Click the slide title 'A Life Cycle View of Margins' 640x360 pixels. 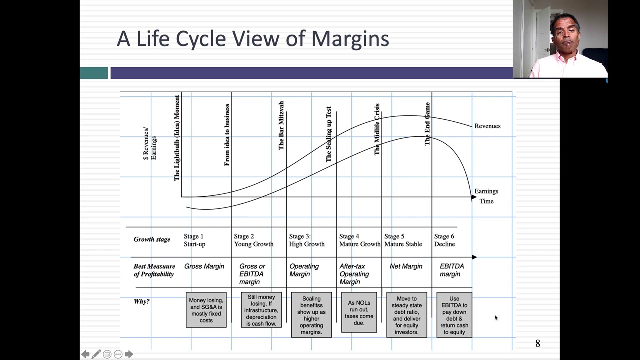pyautogui.click(x=253, y=39)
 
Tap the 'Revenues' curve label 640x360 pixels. pyautogui.click(x=487, y=126)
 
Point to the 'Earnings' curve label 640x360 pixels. pyautogui.click(x=486, y=191)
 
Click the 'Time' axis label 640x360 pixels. pyautogui.click(x=486, y=201)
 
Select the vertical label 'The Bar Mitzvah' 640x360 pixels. pyautogui.click(x=281, y=125)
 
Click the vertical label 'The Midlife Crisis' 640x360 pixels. pyautogui.click(x=377, y=129)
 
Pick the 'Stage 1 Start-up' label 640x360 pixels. pyautogui.click(x=194, y=240)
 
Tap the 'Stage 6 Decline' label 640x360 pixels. pyautogui.click(x=444, y=240)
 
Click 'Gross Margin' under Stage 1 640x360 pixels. pyautogui.click(x=204, y=266)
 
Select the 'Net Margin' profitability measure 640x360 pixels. pyautogui.click(x=406, y=266)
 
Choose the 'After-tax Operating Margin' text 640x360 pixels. pyautogui.click(x=354, y=274)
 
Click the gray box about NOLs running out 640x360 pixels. pyautogui.click(x=359, y=313)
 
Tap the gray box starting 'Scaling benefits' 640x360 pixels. pyautogui.click(x=311, y=315)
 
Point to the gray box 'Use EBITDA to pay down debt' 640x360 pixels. pyautogui.click(x=454, y=315)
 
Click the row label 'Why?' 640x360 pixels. pyautogui.click(x=142, y=301)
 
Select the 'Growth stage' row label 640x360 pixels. pyautogui.click(x=152, y=239)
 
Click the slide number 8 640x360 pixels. pyautogui.click(x=538, y=344)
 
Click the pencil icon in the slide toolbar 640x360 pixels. pyautogui.click(x=96, y=354)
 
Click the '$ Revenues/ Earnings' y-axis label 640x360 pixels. pyautogui.click(x=150, y=144)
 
